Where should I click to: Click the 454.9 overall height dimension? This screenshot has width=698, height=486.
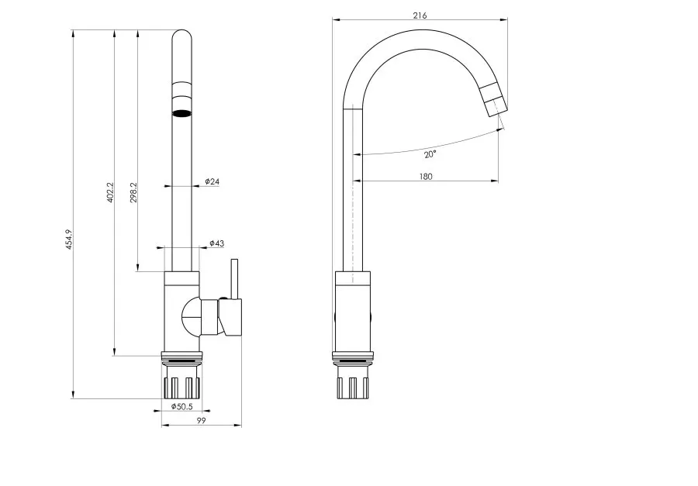pyautogui.click(x=68, y=240)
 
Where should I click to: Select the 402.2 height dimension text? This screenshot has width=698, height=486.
pyautogui.click(x=110, y=192)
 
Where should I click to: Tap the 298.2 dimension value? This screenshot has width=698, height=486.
pyautogui.click(x=133, y=192)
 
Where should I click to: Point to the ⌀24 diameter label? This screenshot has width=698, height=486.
pyautogui.click(x=212, y=181)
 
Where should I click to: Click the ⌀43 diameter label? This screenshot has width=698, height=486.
pyautogui.click(x=217, y=243)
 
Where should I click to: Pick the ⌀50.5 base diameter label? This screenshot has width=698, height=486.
pyautogui.click(x=181, y=406)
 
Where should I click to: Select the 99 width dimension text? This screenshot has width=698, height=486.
pyautogui.click(x=201, y=420)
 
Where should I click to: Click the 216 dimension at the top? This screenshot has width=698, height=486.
pyautogui.click(x=420, y=16)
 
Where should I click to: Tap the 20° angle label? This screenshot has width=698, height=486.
pyautogui.click(x=430, y=154)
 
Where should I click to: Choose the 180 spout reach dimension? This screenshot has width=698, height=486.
pyautogui.click(x=426, y=176)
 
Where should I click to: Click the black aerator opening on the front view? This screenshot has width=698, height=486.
pyautogui.click(x=182, y=113)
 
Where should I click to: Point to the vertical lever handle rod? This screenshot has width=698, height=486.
pyautogui.click(x=234, y=278)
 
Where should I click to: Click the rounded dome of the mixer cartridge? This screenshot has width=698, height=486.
pyautogui.click(x=191, y=317)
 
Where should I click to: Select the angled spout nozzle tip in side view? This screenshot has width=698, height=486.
pyautogui.click(x=494, y=100)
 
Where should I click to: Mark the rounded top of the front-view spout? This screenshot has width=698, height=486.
pyautogui.click(x=182, y=35)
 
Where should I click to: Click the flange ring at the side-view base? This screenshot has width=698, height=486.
pyautogui.click(x=354, y=356)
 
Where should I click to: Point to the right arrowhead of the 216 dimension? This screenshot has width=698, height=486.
pyautogui.click(x=504, y=19)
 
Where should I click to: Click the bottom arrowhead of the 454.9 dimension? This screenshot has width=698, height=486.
pyautogui.click(x=73, y=395)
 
